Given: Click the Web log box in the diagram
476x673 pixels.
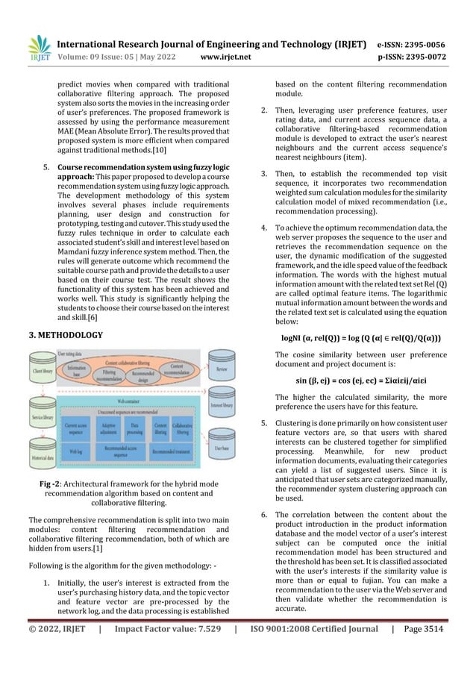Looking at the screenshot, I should [x=75, y=451].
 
